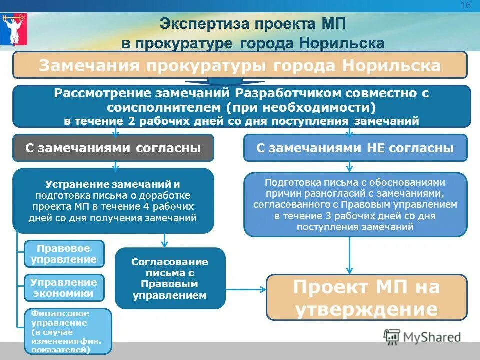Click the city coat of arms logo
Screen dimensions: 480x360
(13, 29)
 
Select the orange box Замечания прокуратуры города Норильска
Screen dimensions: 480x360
(240, 65)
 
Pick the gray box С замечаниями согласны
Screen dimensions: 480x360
(113, 148)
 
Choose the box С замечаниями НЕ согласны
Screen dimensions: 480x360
(355, 148)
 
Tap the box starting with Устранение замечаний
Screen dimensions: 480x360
(113, 201)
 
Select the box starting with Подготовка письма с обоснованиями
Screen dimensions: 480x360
(355, 204)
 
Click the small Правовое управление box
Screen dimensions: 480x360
(64, 254)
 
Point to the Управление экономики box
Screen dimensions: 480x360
(64, 288)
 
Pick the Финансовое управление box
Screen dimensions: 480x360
(68, 331)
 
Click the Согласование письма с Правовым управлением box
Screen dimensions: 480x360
(170, 279)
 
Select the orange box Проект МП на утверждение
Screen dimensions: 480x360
(366, 298)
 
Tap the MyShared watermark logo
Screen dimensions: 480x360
(422, 336)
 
